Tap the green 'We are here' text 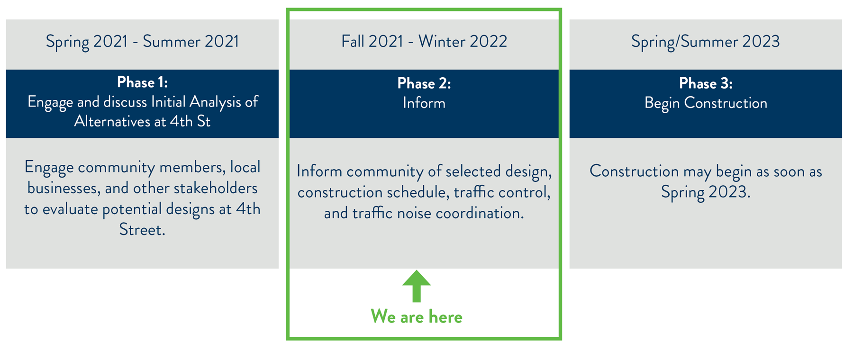click(x=417, y=316)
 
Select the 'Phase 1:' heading click(x=142, y=82)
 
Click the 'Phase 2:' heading click(x=424, y=83)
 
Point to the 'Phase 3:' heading click(x=706, y=83)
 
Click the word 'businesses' click(x=64, y=188)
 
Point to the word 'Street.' click(x=142, y=230)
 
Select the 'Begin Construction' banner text click(x=706, y=103)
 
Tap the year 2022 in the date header click(x=489, y=42)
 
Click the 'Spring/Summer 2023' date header click(x=706, y=42)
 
